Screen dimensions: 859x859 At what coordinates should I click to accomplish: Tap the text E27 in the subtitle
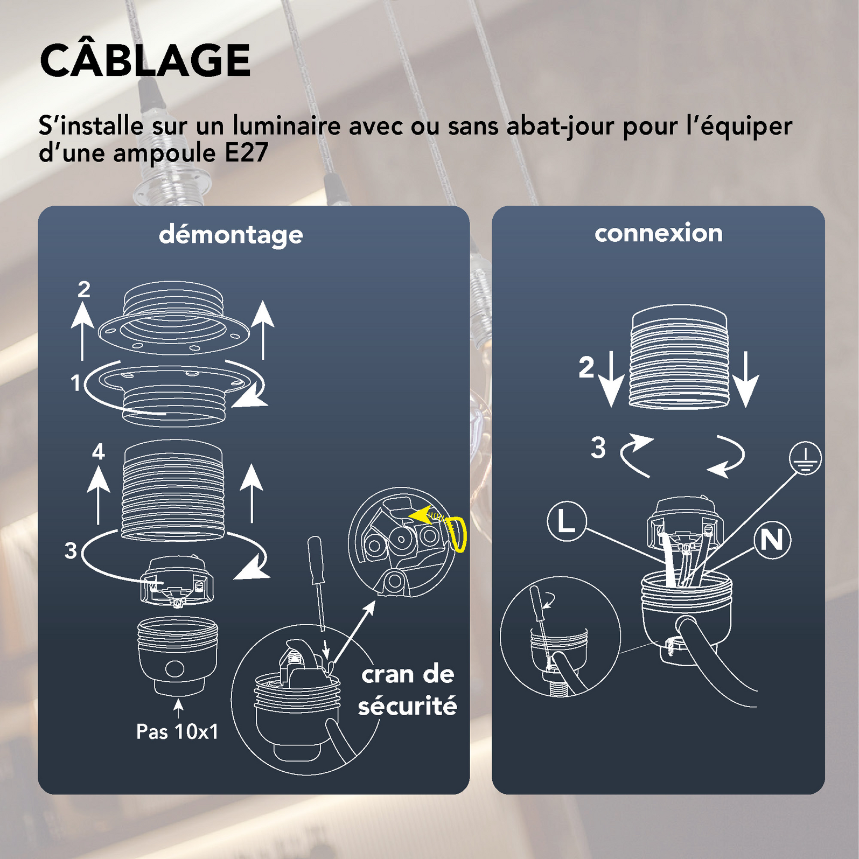[246, 153]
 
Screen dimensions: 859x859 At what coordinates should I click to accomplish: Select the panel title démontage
[231, 235]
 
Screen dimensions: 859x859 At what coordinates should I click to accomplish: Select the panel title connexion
[658, 233]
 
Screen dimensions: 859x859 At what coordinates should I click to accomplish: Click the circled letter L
[567, 521]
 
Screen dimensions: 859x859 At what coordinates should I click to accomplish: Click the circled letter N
[772, 540]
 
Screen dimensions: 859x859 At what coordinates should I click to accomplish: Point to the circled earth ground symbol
[805, 458]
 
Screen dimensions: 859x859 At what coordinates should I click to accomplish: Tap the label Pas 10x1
[177, 731]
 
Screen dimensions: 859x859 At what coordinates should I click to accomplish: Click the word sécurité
[408, 706]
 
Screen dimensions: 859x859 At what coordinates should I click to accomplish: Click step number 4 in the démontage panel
[98, 451]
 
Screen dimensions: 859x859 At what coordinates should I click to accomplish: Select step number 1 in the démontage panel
[76, 383]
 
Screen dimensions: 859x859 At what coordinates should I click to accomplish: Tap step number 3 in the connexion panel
[598, 448]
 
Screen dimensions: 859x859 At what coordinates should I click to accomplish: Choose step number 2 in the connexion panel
[586, 367]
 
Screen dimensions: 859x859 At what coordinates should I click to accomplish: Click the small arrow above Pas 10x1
[178, 708]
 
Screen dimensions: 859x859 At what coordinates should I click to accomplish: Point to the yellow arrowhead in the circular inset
[420, 515]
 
